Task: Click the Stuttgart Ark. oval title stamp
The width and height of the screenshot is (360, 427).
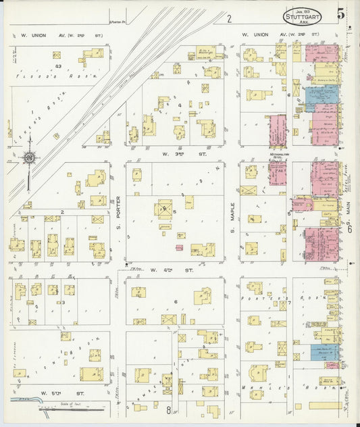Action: pos(302,16)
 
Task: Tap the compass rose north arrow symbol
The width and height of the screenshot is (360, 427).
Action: pos(29,159)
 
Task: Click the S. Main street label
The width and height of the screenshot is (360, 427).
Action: pos(351,223)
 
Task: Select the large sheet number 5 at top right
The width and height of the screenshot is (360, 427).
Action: pos(341,13)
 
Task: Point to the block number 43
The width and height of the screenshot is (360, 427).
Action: pos(59,66)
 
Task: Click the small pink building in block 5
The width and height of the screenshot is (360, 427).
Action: pos(179,248)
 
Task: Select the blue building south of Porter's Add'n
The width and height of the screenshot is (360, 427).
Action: pos(324,351)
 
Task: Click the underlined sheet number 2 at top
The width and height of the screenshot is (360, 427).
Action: pos(230,19)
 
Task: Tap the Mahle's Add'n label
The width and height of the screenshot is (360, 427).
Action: pos(284,388)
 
